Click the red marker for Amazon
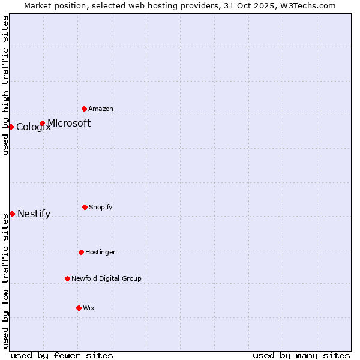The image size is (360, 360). (x=84, y=109)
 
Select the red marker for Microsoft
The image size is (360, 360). (x=42, y=123)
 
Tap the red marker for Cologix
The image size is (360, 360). (x=11, y=127)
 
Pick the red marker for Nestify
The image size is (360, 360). (x=12, y=214)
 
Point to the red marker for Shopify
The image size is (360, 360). (x=85, y=207)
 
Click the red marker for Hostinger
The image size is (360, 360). (x=81, y=252)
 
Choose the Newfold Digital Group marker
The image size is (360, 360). (x=67, y=278)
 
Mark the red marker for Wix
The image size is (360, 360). (x=79, y=308)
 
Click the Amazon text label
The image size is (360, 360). (x=101, y=109)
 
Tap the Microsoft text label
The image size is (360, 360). (x=69, y=123)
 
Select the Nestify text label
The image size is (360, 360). (x=34, y=214)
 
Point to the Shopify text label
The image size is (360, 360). (x=101, y=207)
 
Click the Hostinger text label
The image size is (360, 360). (x=100, y=252)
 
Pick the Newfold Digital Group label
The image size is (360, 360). (x=107, y=278)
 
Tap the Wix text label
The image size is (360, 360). (x=89, y=308)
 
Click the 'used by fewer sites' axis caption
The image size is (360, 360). (x=62, y=355)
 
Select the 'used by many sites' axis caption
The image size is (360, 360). (x=301, y=355)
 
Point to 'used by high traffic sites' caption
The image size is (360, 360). (x=5, y=85)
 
